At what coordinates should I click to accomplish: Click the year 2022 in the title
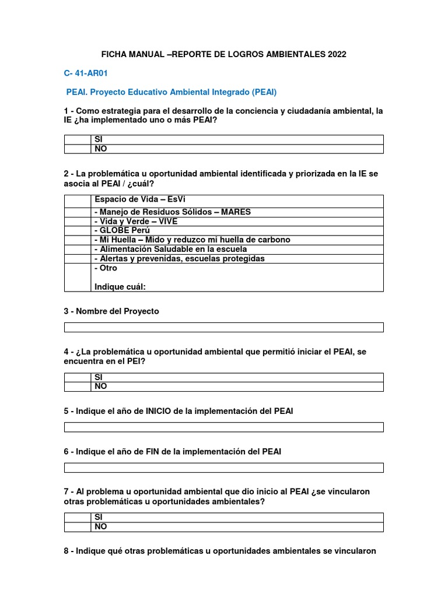[x=336, y=54]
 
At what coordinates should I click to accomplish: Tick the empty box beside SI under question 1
[x=78, y=139]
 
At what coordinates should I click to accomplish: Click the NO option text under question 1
[x=100, y=149]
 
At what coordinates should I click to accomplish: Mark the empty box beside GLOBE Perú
[x=78, y=230]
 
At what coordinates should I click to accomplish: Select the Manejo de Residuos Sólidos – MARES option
[x=172, y=212]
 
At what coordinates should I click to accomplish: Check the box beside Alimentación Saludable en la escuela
[x=78, y=249]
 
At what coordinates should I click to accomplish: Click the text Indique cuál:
[x=120, y=286]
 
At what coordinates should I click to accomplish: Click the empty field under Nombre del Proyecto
[x=223, y=327]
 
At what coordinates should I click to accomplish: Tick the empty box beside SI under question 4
[x=78, y=377]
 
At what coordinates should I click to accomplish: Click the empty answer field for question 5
[x=223, y=427]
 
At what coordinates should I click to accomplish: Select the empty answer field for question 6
[x=223, y=468]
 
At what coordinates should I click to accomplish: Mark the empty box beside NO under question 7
[x=78, y=526]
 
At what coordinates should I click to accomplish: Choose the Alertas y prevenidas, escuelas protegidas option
[x=179, y=258]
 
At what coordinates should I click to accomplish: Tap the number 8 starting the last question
[x=66, y=551]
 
